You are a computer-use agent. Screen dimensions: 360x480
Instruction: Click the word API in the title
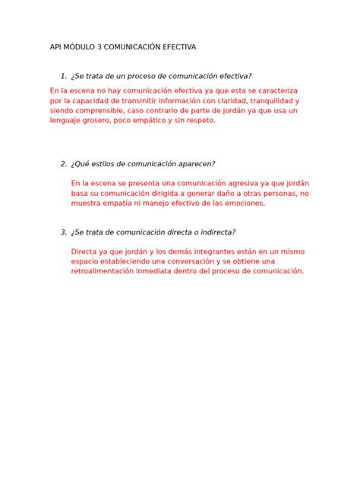tap(56, 47)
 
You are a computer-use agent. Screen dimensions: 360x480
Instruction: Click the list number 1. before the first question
tap(63, 76)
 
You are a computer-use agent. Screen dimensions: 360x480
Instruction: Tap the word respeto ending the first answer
tap(199, 120)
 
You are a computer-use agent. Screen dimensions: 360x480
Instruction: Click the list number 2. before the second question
tap(63, 164)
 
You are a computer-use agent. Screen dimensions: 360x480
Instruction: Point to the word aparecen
tap(194, 164)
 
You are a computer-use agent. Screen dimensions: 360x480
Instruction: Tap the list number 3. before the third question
tap(63, 232)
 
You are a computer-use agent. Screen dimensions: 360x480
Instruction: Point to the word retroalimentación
tap(104, 271)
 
